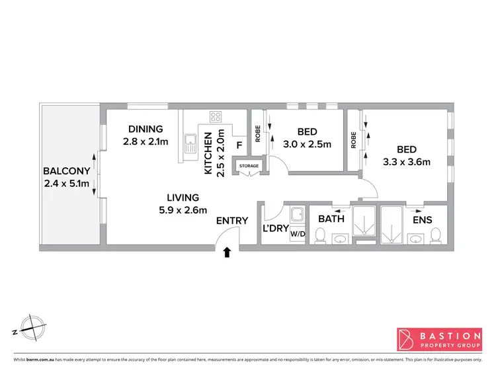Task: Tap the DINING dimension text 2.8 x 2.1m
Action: [145, 141]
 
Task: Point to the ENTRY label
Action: [232, 221]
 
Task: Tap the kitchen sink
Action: [190, 143]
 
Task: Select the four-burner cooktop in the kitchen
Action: [216, 117]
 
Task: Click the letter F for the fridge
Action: [239, 144]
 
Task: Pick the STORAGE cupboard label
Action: [249, 166]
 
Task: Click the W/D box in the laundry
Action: [297, 233]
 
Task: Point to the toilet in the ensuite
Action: [435, 235]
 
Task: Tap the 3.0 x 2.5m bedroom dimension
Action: [307, 144]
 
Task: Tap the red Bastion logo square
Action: [405, 338]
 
